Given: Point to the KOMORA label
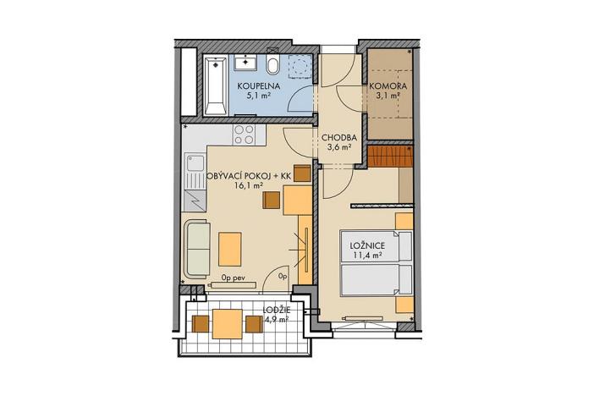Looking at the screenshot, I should tap(387, 87).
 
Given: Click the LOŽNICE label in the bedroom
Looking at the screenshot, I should tap(367, 245).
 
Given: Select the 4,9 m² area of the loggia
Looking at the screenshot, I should tap(276, 321).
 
